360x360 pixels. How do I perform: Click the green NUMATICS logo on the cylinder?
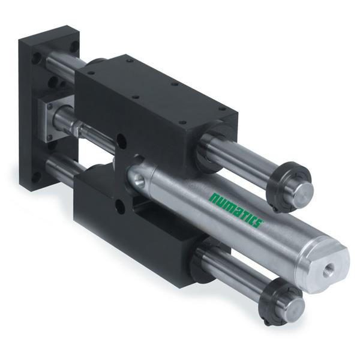point(236,210)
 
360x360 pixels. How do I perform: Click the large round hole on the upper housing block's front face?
point(122,142)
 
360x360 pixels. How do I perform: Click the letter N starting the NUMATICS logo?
point(215,199)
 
